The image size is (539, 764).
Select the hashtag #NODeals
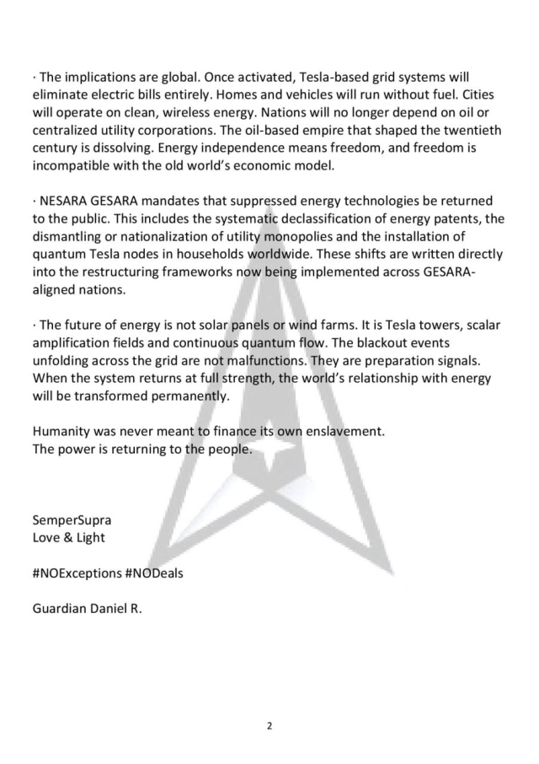click(x=154, y=573)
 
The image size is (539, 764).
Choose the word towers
click(x=419, y=325)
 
